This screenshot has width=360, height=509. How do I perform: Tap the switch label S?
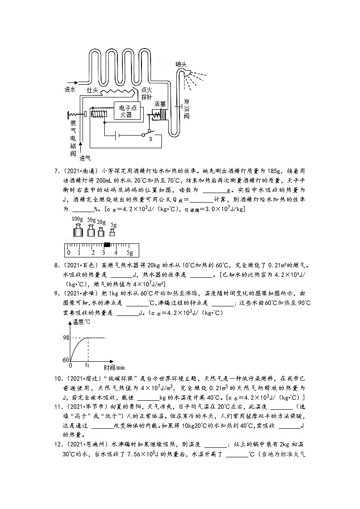[x=151, y=140]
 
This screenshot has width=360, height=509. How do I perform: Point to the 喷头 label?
[x=181, y=64]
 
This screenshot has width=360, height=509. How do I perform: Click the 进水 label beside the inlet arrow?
[x=70, y=89]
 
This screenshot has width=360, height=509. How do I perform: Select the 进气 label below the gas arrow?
[x=85, y=158]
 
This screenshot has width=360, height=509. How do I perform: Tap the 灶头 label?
[x=92, y=91]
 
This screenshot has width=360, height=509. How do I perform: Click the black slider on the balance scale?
[x=107, y=245]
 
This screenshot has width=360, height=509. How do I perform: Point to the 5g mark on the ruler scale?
[x=129, y=252]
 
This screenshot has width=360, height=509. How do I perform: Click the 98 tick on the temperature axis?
[x=65, y=338]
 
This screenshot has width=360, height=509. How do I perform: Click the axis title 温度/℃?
[x=82, y=323]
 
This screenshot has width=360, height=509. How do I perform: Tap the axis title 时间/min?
[x=113, y=367]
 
